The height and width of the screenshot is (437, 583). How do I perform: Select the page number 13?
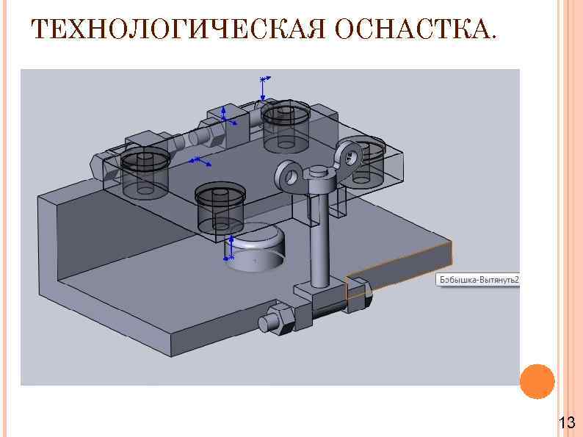point(566,422)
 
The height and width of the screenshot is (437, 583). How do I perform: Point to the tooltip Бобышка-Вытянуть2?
point(478,280)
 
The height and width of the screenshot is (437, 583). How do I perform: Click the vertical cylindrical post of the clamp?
point(321,235)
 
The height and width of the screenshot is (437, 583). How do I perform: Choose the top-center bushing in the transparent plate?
point(287,125)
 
